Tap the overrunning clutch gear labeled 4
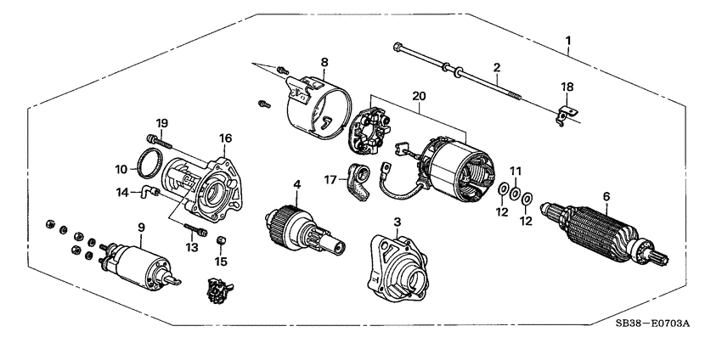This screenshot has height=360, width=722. [x=300, y=228]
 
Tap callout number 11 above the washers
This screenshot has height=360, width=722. [x=514, y=171]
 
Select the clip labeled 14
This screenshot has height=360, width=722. [x=148, y=193]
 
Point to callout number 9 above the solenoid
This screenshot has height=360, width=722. [x=141, y=227]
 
